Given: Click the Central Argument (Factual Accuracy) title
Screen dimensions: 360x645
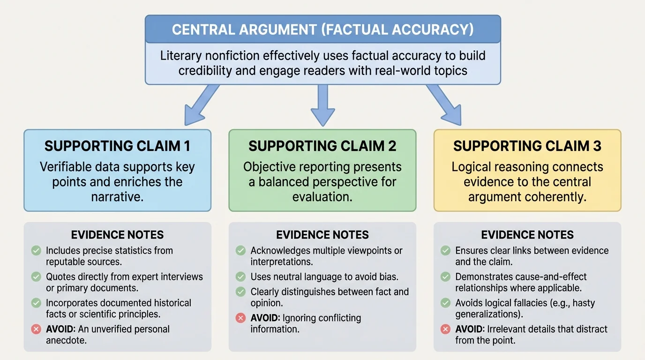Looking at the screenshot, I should (322, 30).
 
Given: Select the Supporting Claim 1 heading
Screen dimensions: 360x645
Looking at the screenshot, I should (117, 146).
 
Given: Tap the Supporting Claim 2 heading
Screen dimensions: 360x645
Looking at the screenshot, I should (322, 146).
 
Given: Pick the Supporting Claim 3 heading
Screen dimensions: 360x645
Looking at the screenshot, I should (527, 146).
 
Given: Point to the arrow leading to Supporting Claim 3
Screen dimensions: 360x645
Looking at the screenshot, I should (444, 105).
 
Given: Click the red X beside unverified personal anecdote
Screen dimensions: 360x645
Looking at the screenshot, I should (36, 329).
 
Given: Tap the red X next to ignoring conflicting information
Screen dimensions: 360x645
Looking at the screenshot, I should (241, 318).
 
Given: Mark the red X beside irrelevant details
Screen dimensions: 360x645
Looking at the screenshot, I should (446, 329).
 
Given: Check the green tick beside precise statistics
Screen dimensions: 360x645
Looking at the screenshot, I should (36, 251).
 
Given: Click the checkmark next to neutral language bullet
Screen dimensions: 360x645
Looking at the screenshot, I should (241, 277).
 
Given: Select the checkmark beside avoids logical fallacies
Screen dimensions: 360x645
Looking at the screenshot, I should (446, 303).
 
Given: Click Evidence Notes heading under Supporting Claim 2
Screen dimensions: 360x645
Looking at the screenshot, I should (322, 235).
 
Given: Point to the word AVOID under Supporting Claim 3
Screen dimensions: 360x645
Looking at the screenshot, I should (470, 329).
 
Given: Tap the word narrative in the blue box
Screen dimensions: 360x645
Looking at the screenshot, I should (117, 197).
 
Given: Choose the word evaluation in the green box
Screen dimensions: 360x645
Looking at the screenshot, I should (322, 197).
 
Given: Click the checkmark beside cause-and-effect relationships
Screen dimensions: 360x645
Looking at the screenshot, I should (446, 277).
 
